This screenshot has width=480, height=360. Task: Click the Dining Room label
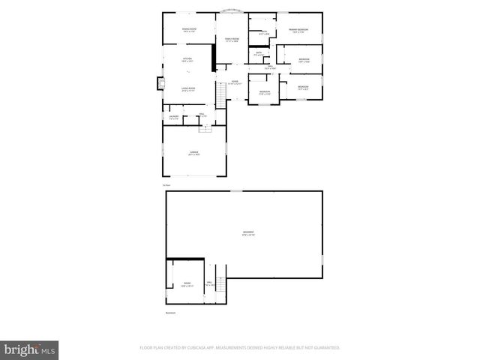189,30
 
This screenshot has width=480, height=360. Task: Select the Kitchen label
187,59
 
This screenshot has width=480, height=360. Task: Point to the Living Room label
187,88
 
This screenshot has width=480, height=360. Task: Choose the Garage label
193,152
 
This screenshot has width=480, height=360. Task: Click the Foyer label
235,82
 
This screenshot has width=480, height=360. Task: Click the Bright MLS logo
30,349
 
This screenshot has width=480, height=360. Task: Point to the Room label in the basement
187,285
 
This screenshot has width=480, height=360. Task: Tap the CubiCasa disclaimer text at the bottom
240,348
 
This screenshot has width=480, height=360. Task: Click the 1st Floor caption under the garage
167,185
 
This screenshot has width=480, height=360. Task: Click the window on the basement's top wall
237,190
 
